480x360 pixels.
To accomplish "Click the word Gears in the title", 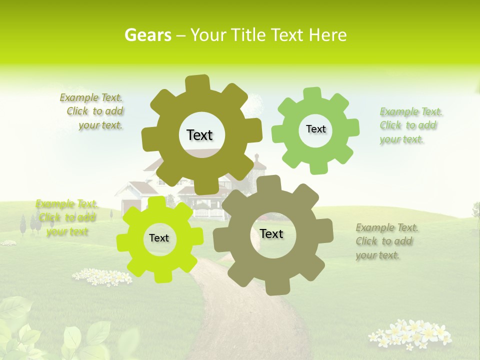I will point(147,35).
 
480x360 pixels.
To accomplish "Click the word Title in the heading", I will point(248,35).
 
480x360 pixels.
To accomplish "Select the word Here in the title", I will point(327,35).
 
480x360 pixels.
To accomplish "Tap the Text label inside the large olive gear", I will point(200,135).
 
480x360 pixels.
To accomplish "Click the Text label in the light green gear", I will point(315,129).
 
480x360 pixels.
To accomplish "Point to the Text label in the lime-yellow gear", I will point(159,238).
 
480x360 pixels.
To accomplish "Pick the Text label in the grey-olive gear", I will point(271,233).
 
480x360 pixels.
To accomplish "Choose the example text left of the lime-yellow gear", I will point(66,217).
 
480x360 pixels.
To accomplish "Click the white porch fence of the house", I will point(209,213).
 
